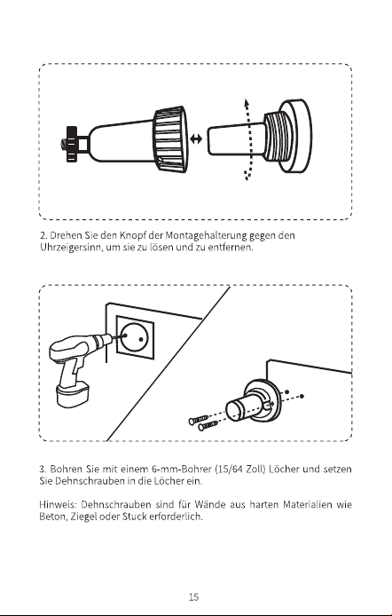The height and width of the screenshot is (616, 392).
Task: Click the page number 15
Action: point(194,597)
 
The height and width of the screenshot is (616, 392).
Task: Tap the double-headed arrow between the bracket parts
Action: point(195,138)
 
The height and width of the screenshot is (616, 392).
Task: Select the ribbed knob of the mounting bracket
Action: point(170,138)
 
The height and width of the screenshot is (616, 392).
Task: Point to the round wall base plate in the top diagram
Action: point(295,136)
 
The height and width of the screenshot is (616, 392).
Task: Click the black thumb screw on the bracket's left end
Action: point(72,144)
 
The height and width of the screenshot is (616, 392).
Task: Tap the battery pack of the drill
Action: point(73,394)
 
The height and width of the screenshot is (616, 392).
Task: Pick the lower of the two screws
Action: point(208,425)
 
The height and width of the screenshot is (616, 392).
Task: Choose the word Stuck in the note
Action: point(134,517)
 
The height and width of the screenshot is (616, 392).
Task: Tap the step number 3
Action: point(43,469)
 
